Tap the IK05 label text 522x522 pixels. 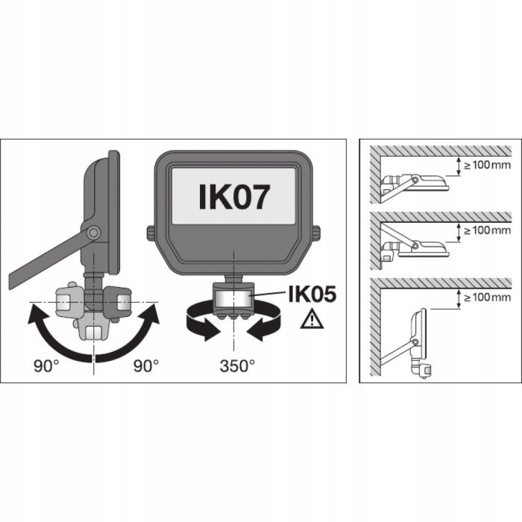coord(307,296)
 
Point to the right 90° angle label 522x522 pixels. coord(145,365)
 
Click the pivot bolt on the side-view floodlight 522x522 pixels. coord(92,233)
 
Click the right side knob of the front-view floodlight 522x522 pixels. coord(317,233)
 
